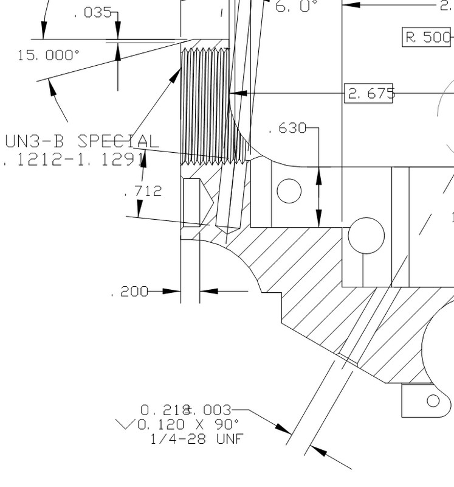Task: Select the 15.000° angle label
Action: pyautogui.click(x=49, y=55)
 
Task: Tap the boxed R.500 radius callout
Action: pyautogui.click(x=428, y=37)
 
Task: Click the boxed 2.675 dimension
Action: pyautogui.click(x=369, y=94)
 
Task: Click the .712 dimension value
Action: pyautogui.click(x=143, y=191)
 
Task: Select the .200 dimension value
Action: pyautogui.click(x=129, y=292)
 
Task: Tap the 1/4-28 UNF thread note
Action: pyautogui.click(x=196, y=438)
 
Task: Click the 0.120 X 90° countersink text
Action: pyautogui.click(x=188, y=424)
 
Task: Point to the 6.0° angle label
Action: pyautogui.click(x=297, y=7)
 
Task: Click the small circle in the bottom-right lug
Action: pyautogui.click(x=433, y=401)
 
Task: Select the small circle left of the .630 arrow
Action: pyautogui.click(x=289, y=191)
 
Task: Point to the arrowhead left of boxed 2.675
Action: pyautogui.click(x=237, y=94)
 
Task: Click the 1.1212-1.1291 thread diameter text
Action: pyautogui.click(x=73, y=159)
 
